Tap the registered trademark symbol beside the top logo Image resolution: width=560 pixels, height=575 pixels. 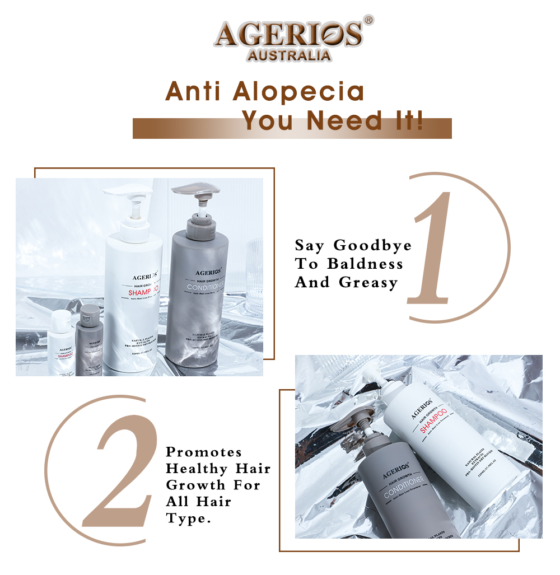368,21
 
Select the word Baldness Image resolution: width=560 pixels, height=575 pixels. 365,264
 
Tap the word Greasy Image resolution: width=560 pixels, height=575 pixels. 368,282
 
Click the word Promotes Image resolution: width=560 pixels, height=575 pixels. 204,452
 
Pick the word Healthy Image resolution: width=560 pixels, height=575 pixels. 197,469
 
